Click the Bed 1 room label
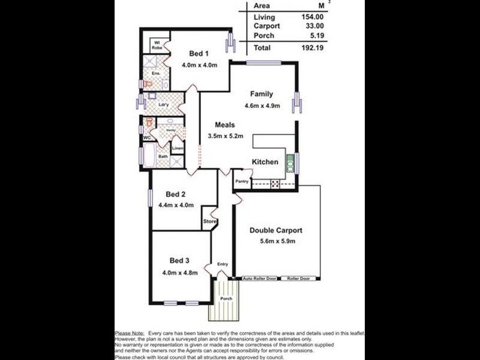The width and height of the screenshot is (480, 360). (x=198, y=54)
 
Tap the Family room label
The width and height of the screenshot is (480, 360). (x=262, y=94)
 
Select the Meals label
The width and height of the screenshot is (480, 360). (x=225, y=125)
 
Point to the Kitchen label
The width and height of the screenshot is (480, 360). (x=265, y=162)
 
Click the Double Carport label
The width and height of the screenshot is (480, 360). (x=275, y=230)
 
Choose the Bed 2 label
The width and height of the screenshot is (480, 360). (x=175, y=194)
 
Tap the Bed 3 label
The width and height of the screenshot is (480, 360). (x=179, y=260)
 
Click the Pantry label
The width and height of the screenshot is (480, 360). (x=242, y=181)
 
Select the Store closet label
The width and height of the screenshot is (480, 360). (x=209, y=222)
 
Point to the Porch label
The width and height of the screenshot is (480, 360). (x=226, y=299)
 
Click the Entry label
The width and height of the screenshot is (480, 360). (x=223, y=264)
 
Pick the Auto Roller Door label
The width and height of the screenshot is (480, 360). (x=259, y=278)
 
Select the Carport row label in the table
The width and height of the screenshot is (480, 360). (x=266, y=26)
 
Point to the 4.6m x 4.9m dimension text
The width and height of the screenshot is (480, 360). (x=262, y=106)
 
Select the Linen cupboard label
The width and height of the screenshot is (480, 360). (x=178, y=148)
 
